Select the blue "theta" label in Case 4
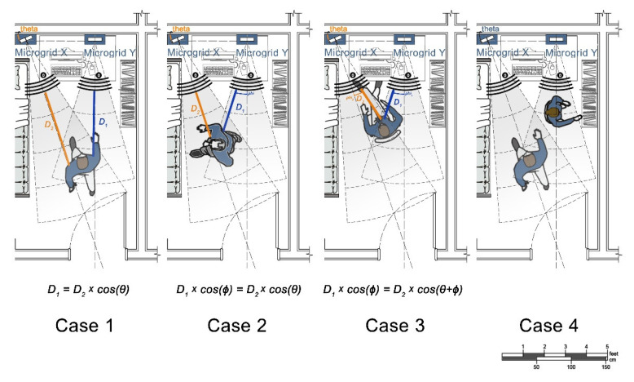tap(490, 29)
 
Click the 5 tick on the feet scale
tap(607, 346)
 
